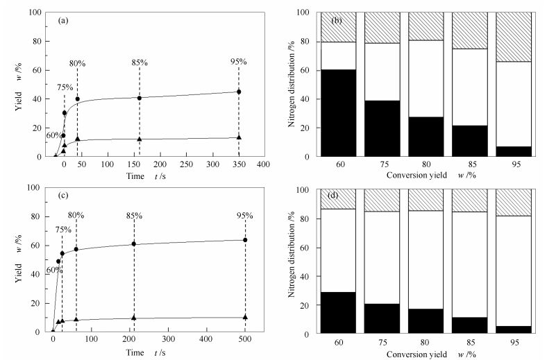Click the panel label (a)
pyautogui.click(x=62, y=20)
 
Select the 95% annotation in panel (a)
pyautogui.click(x=238, y=62)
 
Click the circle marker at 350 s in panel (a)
pyautogui.click(x=239, y=92)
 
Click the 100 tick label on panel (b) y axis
pyautogui.click(x=306, y=12)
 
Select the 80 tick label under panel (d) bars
pyautogui.click(x=426, y=342)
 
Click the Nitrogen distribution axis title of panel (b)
pyautogui.click(x=289, y=84)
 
